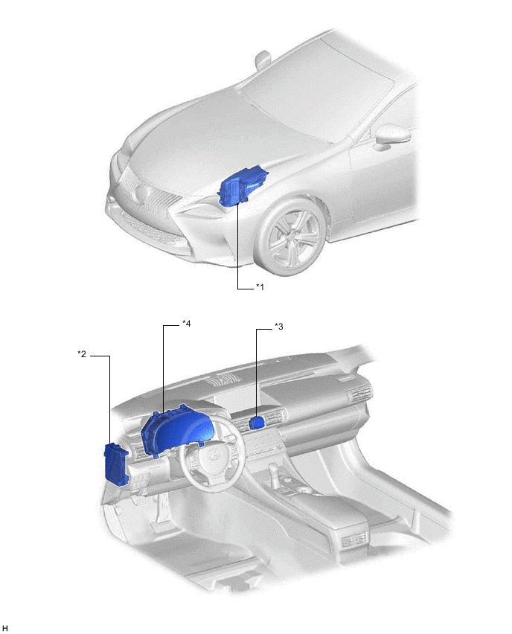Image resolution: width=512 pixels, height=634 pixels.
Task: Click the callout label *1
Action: tap(260, 286)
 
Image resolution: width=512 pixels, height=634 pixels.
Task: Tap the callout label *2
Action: tap(82, 353)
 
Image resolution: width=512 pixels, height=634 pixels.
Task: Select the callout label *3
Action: tap(278, 326)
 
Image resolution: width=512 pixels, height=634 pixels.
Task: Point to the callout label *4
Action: tap(186, 323)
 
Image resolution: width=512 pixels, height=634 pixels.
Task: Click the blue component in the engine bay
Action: tap(243, 186)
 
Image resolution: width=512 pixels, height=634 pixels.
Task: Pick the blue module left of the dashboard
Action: tap(117, 463)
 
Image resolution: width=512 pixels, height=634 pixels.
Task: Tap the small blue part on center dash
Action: tap(257, 423)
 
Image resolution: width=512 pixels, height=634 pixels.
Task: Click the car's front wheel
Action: tap(292, 237)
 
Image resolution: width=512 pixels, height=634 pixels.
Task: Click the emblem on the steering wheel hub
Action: tap(211, 455)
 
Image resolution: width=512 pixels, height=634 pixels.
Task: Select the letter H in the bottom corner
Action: tap(5, 628)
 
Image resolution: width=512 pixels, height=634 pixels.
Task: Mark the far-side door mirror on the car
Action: tap(263, 59)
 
